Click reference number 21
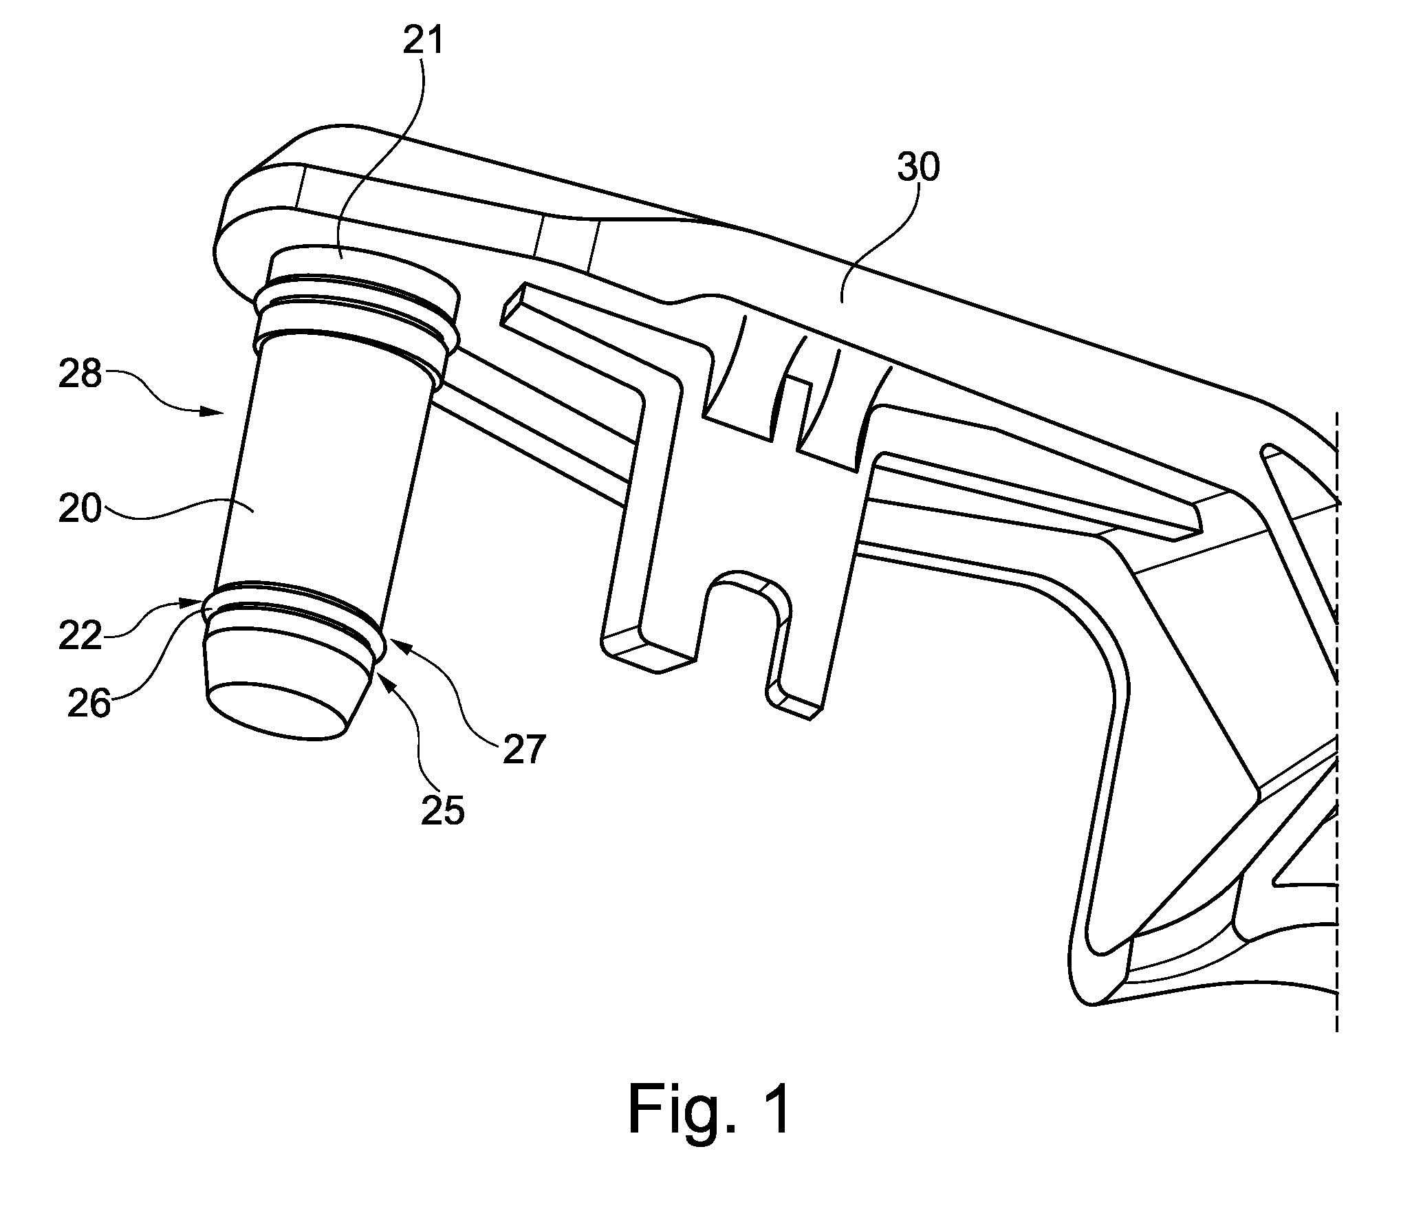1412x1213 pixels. tap(423, 42)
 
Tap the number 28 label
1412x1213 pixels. tap(80, 376)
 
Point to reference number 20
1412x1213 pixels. tap(80, 511)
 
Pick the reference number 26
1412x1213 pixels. tap(89, 704)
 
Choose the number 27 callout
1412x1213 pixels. tap(524, 750)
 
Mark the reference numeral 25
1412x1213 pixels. tap(443, 811)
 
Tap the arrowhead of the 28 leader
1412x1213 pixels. tap(217, 412)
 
